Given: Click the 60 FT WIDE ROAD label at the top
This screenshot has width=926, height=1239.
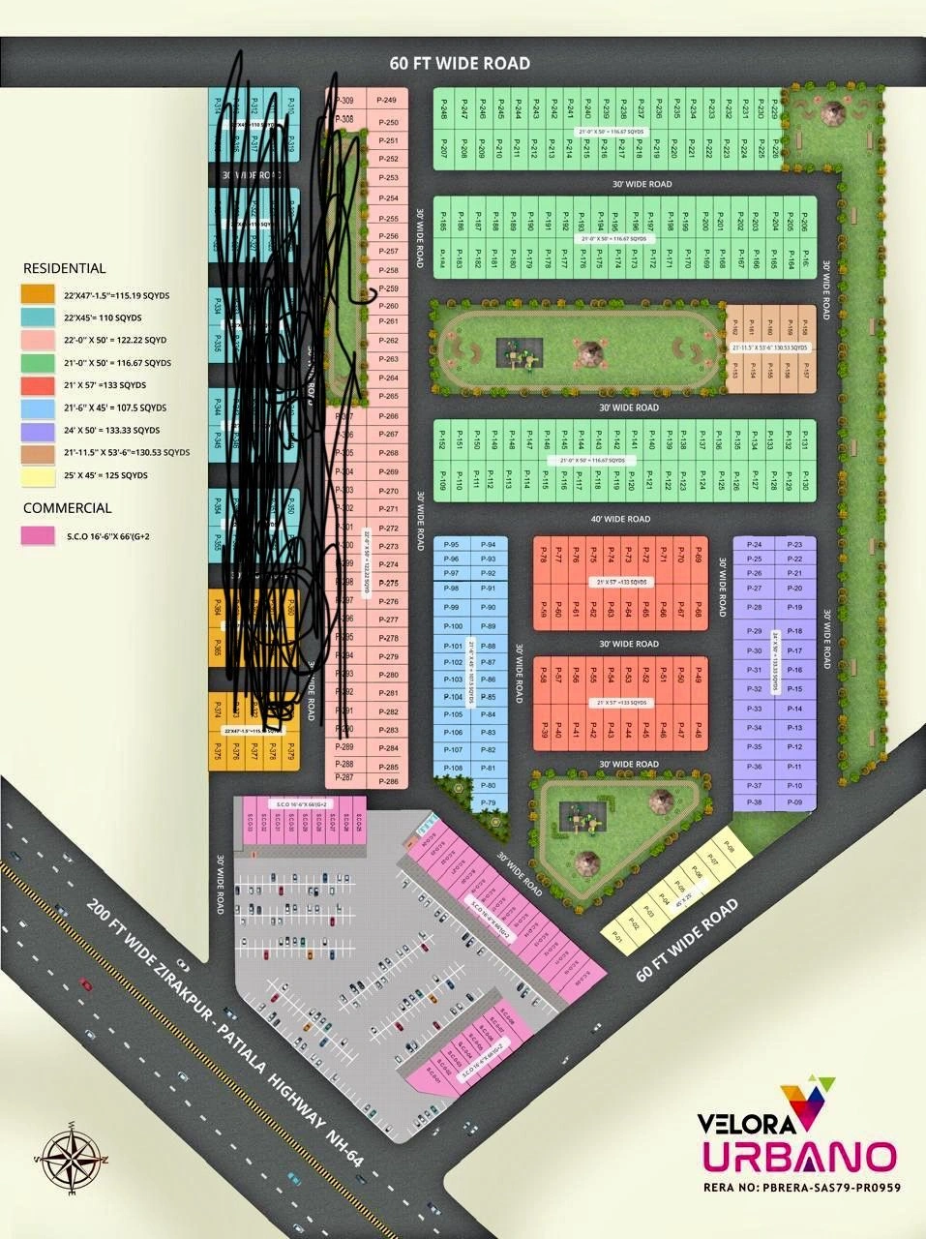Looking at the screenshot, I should (460, 64).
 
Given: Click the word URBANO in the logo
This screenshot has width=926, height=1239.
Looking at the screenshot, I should (798, 1158).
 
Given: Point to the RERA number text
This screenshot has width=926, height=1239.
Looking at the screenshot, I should (803, 1187).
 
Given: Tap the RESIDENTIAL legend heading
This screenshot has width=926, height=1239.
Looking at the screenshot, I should (64, 268).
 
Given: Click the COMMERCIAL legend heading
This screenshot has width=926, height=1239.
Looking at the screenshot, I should (67, 507).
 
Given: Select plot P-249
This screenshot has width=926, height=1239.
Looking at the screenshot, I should (387, 101).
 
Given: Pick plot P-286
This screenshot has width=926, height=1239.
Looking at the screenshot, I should (387, 781).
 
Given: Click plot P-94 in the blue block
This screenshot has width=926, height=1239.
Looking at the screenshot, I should (489, 545).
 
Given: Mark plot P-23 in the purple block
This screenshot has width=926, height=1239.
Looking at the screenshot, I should (794, 545).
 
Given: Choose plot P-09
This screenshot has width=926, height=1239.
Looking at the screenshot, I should (794, 803).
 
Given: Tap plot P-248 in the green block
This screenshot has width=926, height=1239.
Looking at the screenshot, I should (444, 112).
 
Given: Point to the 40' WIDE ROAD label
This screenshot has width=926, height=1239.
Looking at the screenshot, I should (621, 520).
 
